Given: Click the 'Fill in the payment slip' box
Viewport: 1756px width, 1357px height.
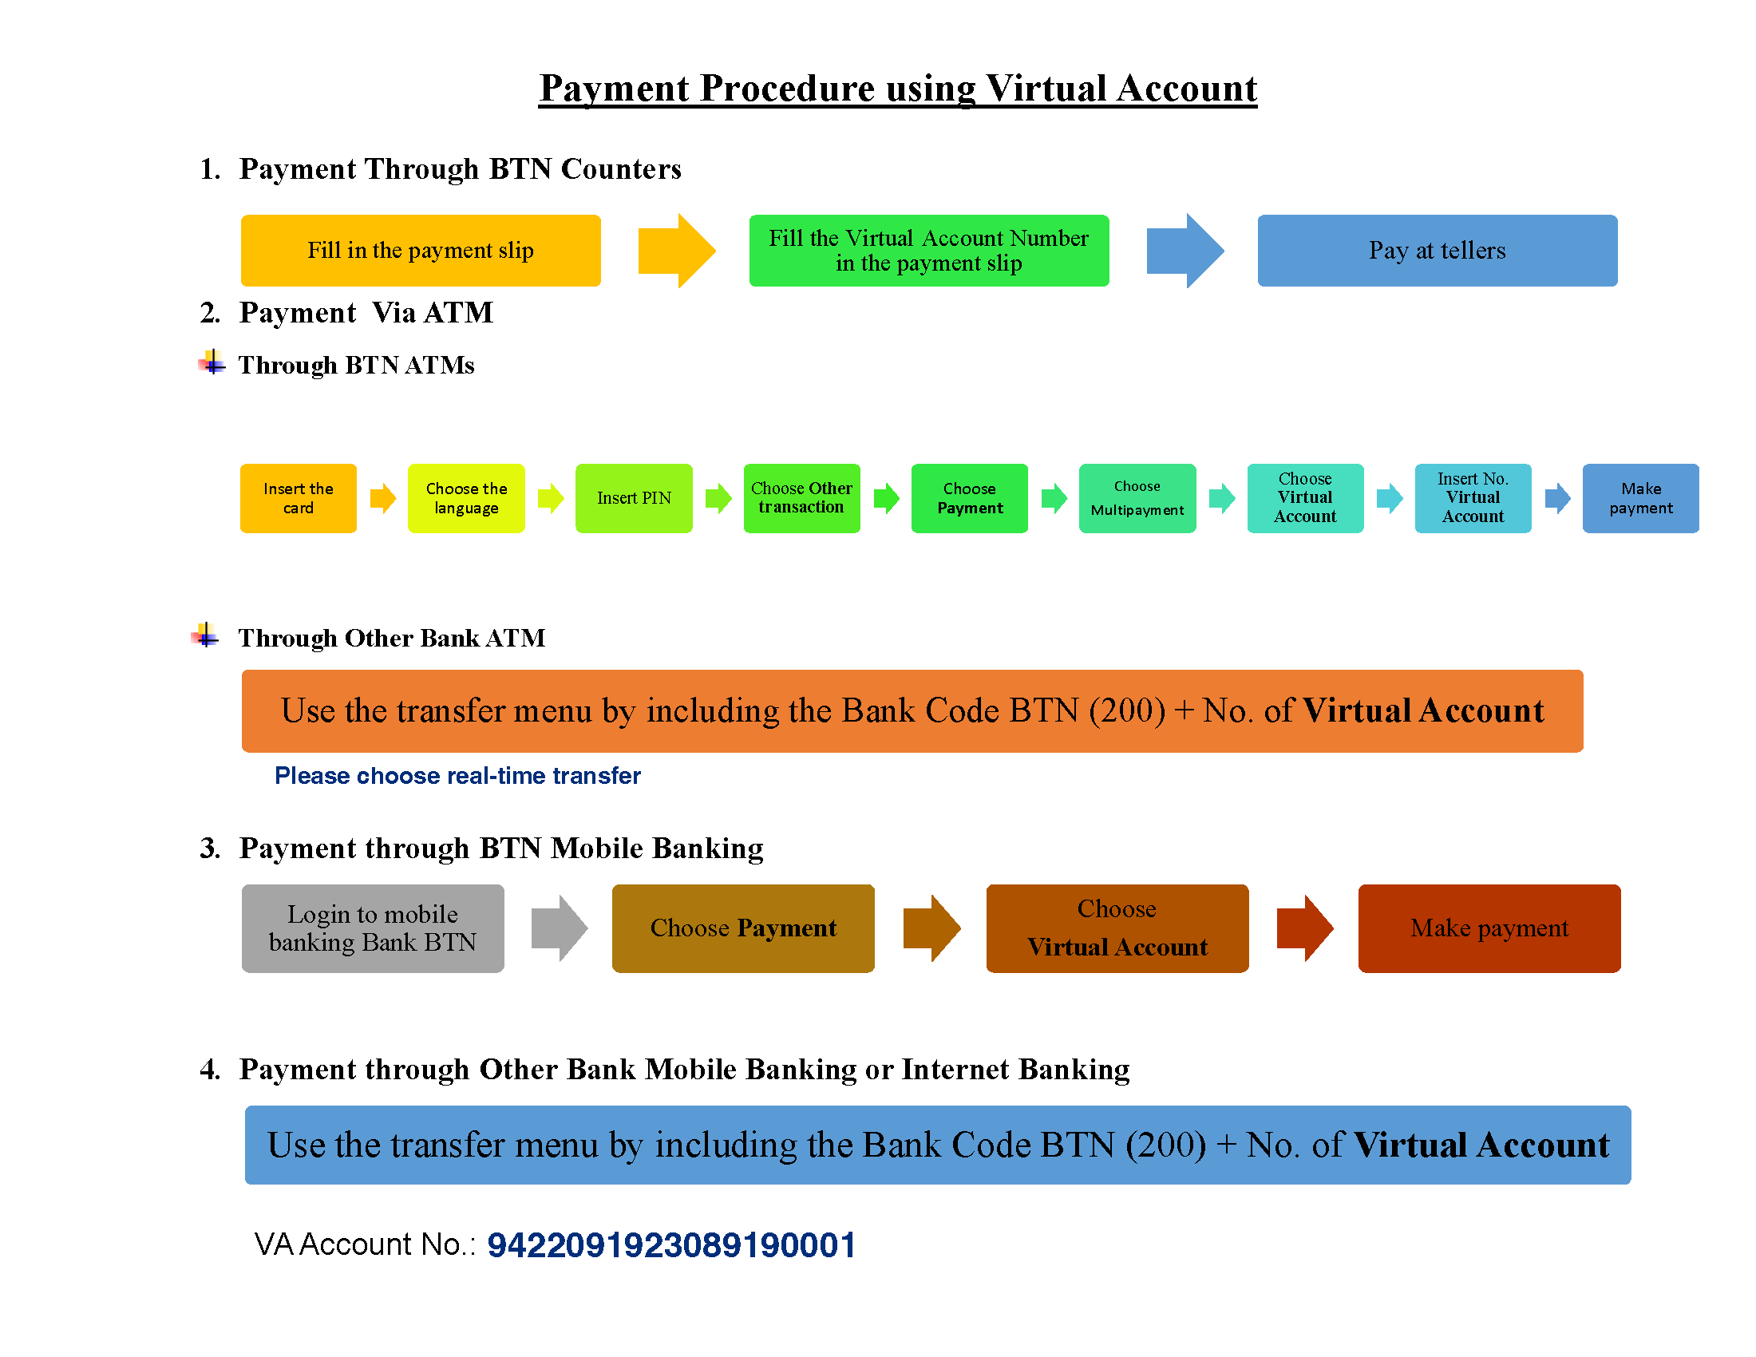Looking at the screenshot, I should [x=421, y=250].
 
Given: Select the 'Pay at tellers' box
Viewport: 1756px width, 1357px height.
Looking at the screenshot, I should [x=1437, y=250].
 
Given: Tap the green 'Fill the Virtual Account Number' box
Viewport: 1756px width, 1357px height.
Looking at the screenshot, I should [x=928, y=250].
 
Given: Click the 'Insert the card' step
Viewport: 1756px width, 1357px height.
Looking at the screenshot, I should [x=299, y=497].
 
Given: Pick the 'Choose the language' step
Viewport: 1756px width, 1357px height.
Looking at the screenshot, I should [x=466, y=497].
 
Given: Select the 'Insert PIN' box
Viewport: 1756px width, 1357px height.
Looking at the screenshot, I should [x=634, y=497].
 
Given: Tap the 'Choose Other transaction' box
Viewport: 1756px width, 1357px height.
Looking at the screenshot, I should [x=801, y=497].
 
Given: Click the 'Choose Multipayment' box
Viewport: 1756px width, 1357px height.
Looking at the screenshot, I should [x=1137, y=497].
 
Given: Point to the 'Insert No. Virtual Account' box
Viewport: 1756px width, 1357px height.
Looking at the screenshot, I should [x=1473, y=497].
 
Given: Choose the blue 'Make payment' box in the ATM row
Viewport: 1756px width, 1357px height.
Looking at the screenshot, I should [x=1640, y=497].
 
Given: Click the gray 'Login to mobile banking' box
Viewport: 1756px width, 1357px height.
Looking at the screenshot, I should [x=373, y=928].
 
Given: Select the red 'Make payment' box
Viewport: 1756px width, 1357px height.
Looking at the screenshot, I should [x=1489, y=928].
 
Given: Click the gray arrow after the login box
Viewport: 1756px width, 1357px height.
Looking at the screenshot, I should [x=559, y=928].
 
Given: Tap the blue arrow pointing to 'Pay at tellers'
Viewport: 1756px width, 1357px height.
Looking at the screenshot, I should [x=1185, y=250].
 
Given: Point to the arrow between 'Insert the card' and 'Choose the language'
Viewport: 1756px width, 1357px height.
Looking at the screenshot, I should [x=382, y=497].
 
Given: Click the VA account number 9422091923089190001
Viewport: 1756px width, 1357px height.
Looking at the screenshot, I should [x=671, y=1244].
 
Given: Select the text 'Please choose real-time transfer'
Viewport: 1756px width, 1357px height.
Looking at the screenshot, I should [x=457, y=775].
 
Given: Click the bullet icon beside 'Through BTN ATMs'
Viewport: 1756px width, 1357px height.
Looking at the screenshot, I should [x=212, y=362].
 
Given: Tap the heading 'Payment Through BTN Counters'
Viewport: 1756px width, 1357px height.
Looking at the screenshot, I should [x=460, y=168].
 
